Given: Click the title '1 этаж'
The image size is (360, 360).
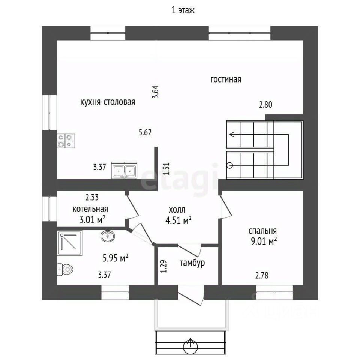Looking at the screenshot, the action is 183,10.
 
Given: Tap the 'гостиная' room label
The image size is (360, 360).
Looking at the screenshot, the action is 226,79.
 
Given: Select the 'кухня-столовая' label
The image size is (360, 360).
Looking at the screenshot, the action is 108,102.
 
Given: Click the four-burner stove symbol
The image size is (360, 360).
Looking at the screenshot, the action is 66,141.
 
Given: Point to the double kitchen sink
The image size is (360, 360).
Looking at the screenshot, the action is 124,170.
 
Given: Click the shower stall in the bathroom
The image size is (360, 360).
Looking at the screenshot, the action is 70,243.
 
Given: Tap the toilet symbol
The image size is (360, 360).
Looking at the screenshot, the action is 65,269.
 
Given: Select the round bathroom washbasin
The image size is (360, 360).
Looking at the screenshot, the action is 108,236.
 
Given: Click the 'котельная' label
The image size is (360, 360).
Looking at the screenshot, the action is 90,209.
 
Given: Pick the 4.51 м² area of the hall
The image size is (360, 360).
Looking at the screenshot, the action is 178,220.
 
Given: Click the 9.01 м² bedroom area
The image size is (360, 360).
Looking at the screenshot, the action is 264,241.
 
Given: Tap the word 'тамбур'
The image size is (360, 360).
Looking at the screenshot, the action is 192,262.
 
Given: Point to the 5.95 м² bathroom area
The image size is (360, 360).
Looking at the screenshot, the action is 115,258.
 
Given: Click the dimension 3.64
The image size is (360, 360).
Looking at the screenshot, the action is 155,92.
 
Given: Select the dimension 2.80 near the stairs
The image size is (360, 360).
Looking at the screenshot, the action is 265,105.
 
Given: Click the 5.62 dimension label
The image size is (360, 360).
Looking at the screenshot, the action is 145,132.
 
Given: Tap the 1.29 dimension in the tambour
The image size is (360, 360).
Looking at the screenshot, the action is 163,266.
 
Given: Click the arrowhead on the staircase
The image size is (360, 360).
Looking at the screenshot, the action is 232,134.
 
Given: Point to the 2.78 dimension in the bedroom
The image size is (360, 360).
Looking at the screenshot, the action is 262,275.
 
